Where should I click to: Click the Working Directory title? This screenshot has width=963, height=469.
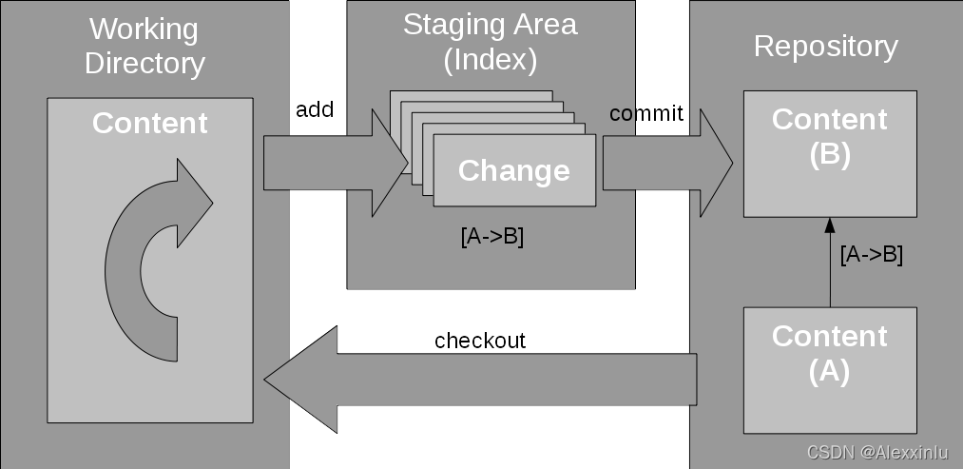tap(144, 46)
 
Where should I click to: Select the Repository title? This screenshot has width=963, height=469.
tap(825, 46)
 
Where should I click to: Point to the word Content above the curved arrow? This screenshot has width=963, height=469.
tap(149, 123)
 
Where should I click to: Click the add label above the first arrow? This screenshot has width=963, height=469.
tap(315, 111)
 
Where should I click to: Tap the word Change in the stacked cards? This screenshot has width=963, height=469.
tap(513, 170)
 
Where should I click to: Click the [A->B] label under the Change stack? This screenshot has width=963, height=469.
tap(491, 237)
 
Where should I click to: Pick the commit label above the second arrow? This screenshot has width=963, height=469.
tap(646, 114)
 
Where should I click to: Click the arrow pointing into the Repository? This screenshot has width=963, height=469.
tap(665, 164)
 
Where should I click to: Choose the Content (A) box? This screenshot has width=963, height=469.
tap(830, 370)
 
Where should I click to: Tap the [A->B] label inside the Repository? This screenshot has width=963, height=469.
tap(871, 255)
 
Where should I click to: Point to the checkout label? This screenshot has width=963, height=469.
tap(480, 341)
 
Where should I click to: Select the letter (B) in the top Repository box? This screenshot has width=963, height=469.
tap(829, 155)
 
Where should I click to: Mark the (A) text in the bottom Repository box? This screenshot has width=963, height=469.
tap(829, 372)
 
